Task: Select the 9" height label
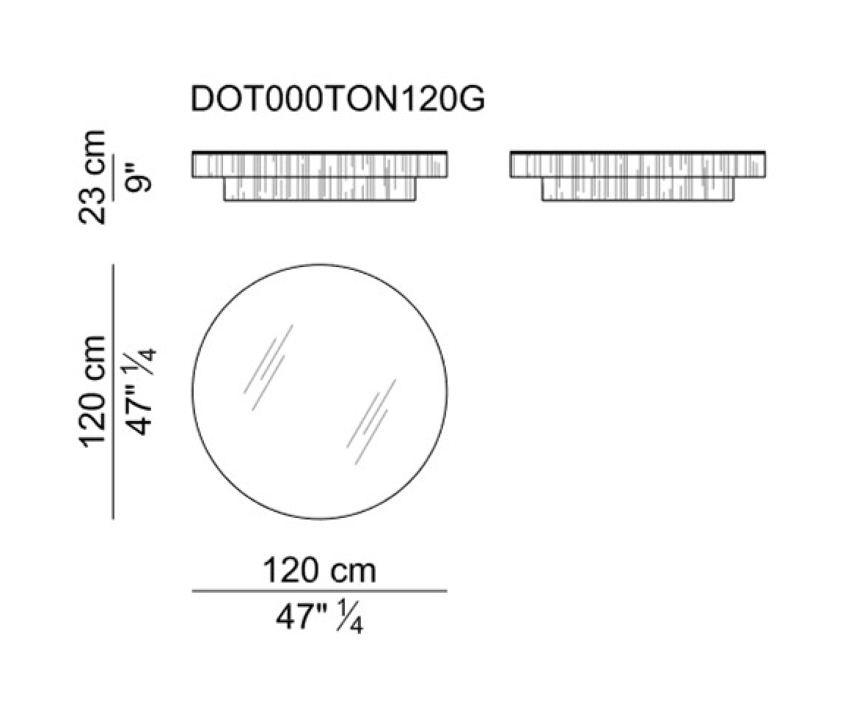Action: point(136,172)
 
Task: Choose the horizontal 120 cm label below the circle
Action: point(320,571)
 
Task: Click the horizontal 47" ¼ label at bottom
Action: point(320,616)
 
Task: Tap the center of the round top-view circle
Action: point(320,392)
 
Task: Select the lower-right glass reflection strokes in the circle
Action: point(371,422)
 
